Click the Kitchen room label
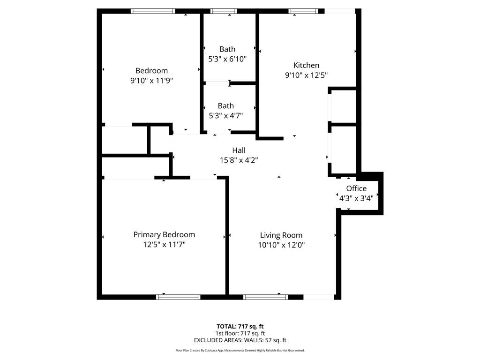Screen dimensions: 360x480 306,65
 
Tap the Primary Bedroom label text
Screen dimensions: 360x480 164,234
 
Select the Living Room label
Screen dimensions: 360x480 281,235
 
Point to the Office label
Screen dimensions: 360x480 356,188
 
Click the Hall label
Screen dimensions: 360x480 239,150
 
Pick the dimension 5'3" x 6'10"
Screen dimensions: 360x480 227,59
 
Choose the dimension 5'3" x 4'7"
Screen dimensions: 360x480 225,115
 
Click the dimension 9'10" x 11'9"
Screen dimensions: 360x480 151,80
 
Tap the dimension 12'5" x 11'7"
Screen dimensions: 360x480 164,244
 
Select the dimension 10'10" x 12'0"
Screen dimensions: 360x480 281,245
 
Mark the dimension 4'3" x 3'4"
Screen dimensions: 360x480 356,198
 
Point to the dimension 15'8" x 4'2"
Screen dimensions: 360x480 239,160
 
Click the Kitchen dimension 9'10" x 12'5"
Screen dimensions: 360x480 306,75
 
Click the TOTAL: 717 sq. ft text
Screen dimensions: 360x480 240,326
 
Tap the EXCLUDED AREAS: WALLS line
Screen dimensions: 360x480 240,340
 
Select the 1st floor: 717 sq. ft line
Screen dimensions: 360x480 240,333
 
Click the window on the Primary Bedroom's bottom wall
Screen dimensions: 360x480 178,297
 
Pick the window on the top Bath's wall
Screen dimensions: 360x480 224,11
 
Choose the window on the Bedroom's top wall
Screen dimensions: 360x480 153,11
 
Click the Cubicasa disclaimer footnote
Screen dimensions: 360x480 240,350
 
